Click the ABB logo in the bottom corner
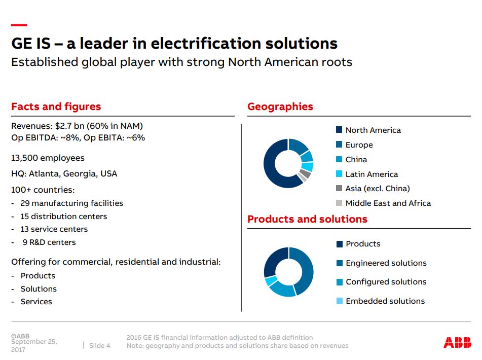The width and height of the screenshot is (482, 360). coord(457,342)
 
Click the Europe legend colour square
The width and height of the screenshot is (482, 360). coord(339,145)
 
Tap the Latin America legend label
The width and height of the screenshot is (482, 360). coord(372,174)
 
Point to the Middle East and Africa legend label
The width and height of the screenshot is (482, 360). coord(388,203)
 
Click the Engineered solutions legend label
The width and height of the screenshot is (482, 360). coord(386,263)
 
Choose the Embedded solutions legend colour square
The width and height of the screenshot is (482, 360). coord(340,301)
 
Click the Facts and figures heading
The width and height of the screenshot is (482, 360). coord(56,106)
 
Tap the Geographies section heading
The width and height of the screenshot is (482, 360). coord(280,106)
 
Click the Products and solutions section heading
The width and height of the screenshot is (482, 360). coord(307,219)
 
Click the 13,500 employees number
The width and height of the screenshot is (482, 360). coord(25,158)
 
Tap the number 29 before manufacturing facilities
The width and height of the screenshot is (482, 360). coord(25,203)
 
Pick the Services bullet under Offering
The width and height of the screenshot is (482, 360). coord(36,301)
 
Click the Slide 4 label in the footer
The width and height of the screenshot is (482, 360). coord(99,345)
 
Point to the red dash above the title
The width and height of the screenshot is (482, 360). coord(19,25)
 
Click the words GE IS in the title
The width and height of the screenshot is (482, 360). coord(31,44)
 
